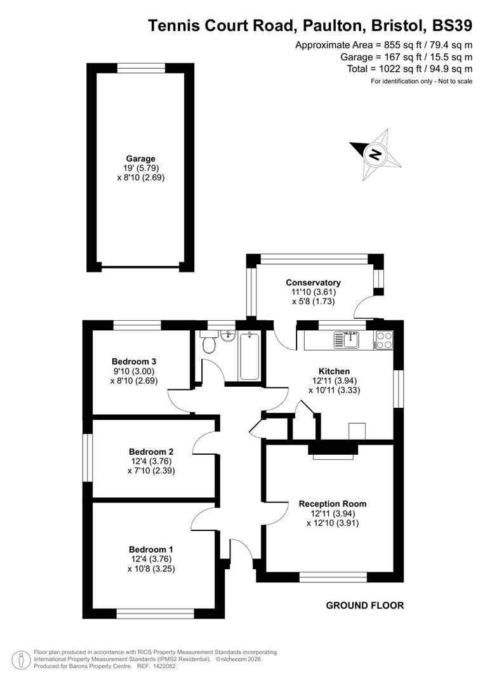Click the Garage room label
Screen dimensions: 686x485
(140, 159)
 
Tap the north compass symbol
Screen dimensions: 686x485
(376, 153)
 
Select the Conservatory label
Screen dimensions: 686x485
(313, 283)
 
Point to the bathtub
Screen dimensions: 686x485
(249, 356)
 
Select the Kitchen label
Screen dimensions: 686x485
(334, 372)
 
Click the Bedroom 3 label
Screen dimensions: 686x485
(134, 362)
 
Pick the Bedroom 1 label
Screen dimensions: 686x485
(150, 549)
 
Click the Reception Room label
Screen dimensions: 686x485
(333, 504)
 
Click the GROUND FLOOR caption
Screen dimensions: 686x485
(364, 605)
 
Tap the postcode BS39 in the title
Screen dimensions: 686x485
(451, 25)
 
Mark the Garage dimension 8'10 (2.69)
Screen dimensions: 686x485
(140, 178)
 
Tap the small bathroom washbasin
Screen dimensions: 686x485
(228, 335)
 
